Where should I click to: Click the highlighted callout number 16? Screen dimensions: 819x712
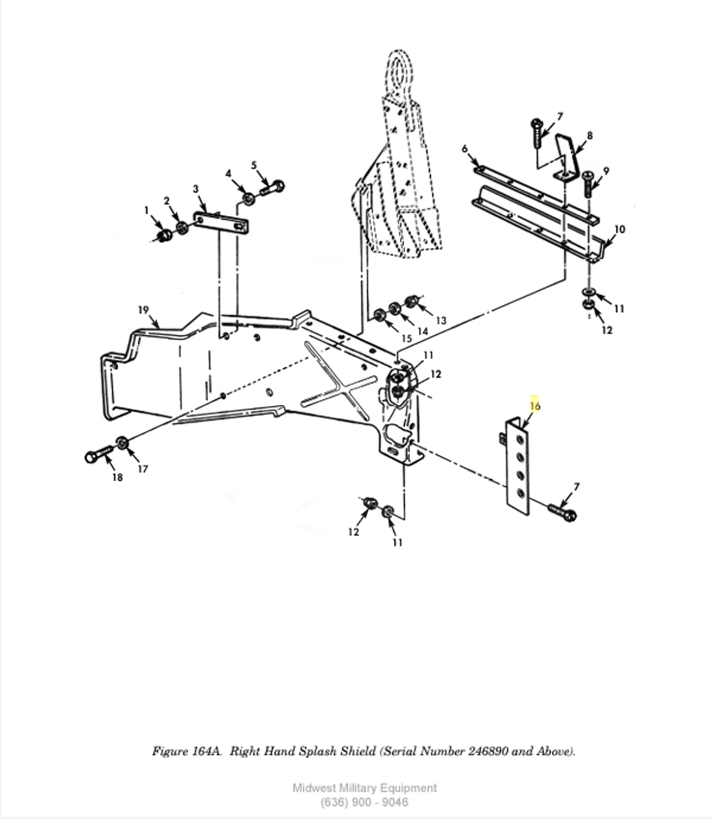click(x=535, y=406)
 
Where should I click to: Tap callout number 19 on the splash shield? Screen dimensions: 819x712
click(x=143, y=310)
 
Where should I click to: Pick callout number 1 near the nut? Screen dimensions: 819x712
click(x=146, y=210)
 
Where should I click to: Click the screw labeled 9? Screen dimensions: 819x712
click(x=589, y=184)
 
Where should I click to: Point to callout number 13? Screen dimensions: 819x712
click(x=440, y=320)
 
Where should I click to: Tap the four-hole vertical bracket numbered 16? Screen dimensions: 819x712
click(x=517, y=466)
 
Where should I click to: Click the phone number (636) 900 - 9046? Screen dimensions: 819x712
click(x=364, y=802)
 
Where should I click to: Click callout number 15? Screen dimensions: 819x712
click(x=407, y=338)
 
